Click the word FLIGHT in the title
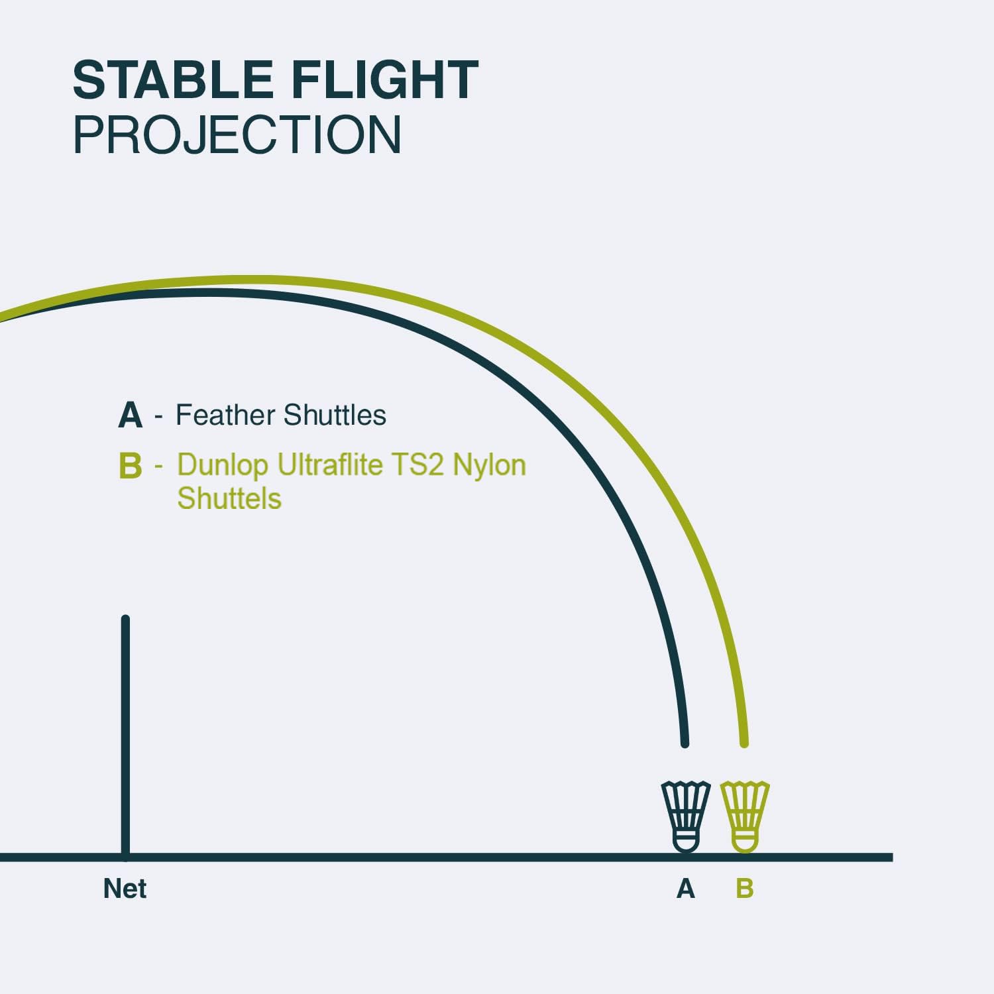(x=385, y=80)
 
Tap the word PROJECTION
(x=237, y=135)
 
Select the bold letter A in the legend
(x=131, y=415)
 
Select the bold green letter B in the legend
(x=131, y=465)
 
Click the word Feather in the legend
(x=225, y=415)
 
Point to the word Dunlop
(x=223, y=465)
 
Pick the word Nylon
(x=489, y=465)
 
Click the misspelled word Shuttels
(x=229, y=498)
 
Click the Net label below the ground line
(x=125, y=889)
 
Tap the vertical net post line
(x=125, y=737)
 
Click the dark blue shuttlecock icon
(x=686, y=816)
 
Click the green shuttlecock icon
(x=745, y=816)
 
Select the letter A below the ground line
(x=686, y=889)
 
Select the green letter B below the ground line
(x=745, y=889)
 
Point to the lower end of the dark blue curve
(x=685, y=744)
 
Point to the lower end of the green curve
(x=744, y=744)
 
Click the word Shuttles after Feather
(x=335, y=415)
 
